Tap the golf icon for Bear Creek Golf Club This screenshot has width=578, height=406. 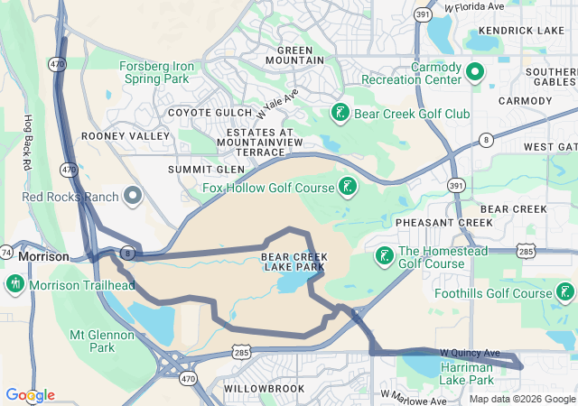[340, 114]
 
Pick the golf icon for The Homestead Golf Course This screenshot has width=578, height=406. [385, 256]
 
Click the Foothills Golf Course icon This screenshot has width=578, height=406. [565, 292]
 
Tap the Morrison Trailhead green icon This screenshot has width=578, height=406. [14, 285]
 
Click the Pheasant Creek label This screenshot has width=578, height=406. [432, 222]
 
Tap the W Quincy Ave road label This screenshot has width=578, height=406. [470, 352]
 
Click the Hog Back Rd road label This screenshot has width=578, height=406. [28, 144]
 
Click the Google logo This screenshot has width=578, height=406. [29, 395]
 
